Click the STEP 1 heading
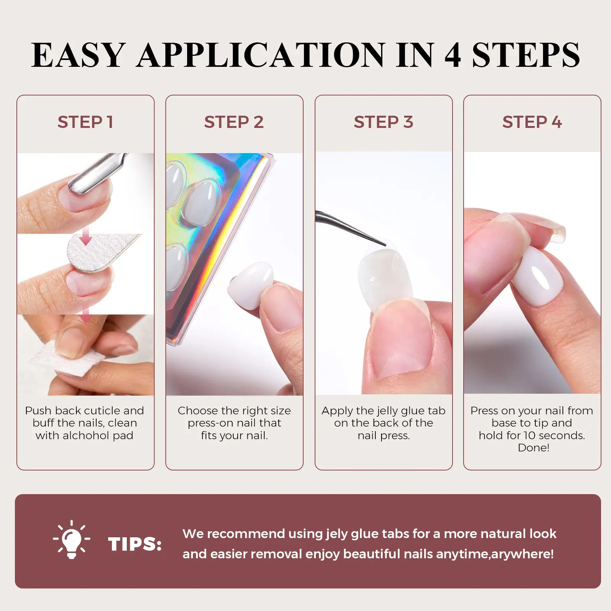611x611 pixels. pyautogui.click(x=85, y=122)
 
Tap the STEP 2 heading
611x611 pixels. pyautogui.click(x=234, y=122)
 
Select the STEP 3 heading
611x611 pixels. pyautogui.click(x=383, y=122)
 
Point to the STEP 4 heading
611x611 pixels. pyautogui.click(x=532, y=122)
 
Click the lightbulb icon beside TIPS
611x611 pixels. pyautogui.click(x=71, y=540)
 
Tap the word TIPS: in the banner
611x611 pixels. pyautogui.click(x=135, y=544)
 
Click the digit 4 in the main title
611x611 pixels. pyautogui.click(x=453, y=55)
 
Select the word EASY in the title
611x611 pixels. pyautogui.click(x=78, y=55)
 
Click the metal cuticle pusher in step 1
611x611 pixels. pyautogui.click(x=95, y=174)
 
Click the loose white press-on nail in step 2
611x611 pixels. pyautogui.click(x=251, y=284)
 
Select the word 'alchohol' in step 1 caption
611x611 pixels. pyautogui.click(x=84, y=435)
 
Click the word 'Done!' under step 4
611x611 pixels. pyautogui.click(x=533, y=448)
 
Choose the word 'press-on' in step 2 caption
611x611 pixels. pyautogui.click(x=210, y=423)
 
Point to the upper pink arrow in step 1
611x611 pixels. pyautogui.click(x=86, y=235)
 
